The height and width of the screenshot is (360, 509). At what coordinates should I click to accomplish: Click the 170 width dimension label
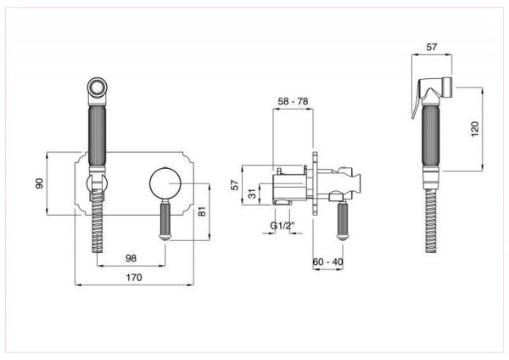coord(134,278)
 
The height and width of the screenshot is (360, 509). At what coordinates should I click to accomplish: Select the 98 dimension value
coord(131,258)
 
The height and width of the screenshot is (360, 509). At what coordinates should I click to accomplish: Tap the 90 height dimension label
coord(39,183)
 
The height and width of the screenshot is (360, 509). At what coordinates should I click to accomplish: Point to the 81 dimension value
coord(202,212)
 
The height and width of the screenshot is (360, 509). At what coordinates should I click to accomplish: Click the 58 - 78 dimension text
coord(294,101)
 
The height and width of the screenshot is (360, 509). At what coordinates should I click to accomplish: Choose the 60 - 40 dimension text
coord(327,262)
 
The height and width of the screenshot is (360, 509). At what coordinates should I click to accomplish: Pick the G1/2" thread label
coord(282,226)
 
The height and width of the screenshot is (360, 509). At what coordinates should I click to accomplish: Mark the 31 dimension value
coord(252,194)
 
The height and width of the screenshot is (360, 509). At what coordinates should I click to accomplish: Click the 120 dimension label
coord(474,129)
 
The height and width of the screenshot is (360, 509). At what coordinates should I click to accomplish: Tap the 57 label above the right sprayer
coord(432,47)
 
